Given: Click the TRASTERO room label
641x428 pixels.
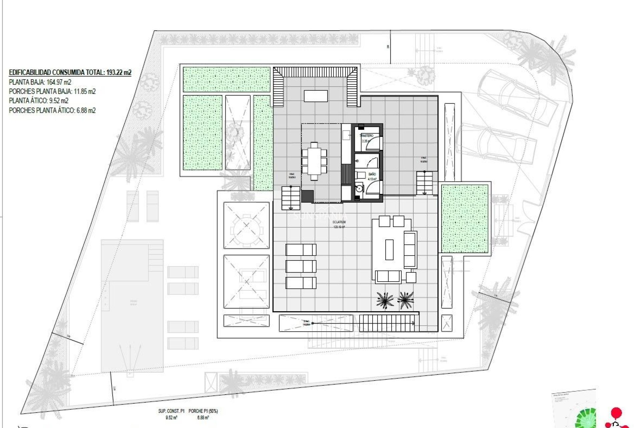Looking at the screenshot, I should pyautogui.click(x=366, y=135).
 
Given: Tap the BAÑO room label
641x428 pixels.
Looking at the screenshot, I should pyautogui.click(x=372, y=174).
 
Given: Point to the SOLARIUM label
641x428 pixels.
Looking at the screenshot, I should pyautogui.click(x=339, y=222).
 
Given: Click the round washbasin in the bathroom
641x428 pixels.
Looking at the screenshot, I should pyautogui.click(x=359, y=188).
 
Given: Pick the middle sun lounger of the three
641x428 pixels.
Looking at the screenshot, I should pyautogui.click(x=300, y=266).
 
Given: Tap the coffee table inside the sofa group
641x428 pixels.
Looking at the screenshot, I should pyautogui.click(x=389, y=249).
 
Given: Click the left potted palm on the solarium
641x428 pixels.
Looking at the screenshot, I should pyautogui.click(x=385, y=299).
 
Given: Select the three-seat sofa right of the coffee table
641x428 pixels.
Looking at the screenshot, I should pyautogui.click(x=410, y=249).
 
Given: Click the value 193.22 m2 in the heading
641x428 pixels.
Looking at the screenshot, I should pyautogui.click(x=119, y=72).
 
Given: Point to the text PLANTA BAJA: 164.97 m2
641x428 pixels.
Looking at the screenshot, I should pyautogui.click(x=40, y=82).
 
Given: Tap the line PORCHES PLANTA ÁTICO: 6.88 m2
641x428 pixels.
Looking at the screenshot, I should pyautogui.click(x=52, y=110).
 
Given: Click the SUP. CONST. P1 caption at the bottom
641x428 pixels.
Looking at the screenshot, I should pyautogui.click(x=171, y=411).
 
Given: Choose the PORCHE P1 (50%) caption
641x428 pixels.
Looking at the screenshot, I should pyautogui.click(x=203, y=411).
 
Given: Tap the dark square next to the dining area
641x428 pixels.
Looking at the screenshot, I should pyautogui.click(x=307, y=196).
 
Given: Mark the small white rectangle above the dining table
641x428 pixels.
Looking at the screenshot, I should pyautogui.click(x=315, y=96).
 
